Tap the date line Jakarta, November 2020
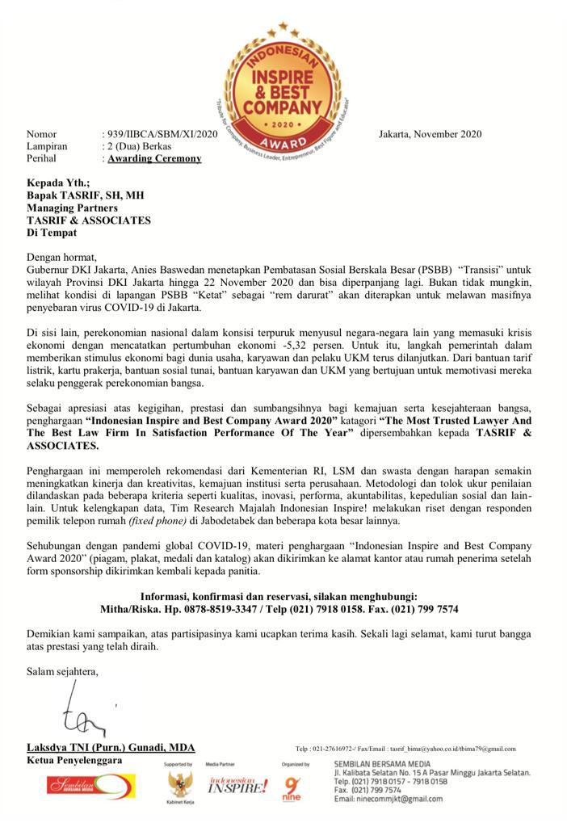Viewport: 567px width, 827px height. click(x=430, y=134)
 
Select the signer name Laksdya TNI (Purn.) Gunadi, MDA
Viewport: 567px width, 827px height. click(x=111, y=748)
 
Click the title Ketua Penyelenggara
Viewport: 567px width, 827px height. click(x=74, y=761)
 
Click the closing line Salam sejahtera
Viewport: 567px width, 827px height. click(x=62, y=671)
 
